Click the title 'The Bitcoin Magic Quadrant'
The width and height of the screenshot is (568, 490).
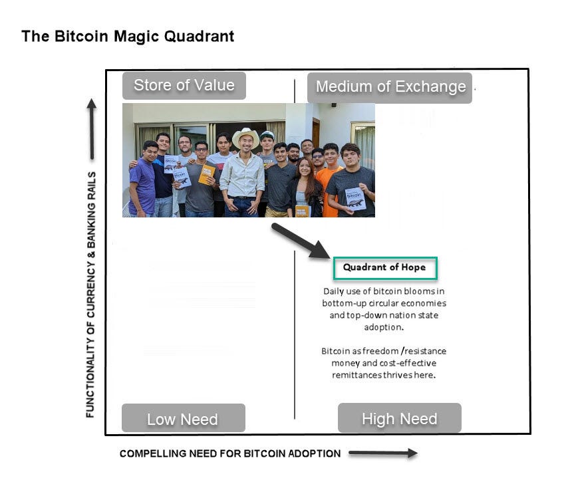click(x=128, y=36)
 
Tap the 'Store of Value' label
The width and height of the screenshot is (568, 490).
click(x=184, y=85)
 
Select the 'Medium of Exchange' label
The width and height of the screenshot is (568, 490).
click(x=390, y=87)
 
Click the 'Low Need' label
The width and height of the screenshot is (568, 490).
click(x=183, y=419)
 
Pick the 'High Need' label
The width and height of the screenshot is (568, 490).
click(x=399, y=418)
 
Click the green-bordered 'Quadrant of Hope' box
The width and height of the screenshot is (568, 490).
click(x=385, y=268)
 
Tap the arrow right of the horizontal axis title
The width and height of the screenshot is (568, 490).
click(x=382, y=453)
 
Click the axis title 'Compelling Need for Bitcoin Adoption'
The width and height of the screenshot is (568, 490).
click(x=230, y=453)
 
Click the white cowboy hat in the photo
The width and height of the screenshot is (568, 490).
click(x=245, y=136)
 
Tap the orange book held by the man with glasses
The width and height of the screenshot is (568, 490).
click(x=207, y=174)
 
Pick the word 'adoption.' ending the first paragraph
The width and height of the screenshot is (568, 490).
click(x=384, y=327)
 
